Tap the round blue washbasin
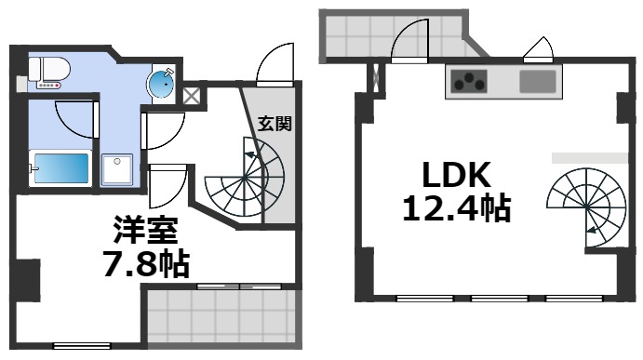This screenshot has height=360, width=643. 164,85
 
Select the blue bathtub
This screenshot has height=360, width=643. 60,169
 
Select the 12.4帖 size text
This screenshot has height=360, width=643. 456,208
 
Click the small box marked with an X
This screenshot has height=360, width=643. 192,94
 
